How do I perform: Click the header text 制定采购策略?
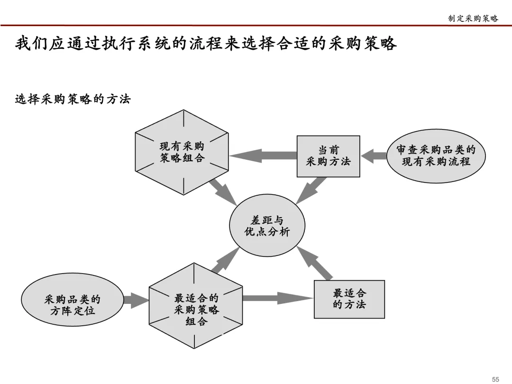[x=473, y=18]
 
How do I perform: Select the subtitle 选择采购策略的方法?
[x=73, y=99]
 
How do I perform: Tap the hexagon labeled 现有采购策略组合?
[x=183, y=152]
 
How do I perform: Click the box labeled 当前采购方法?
[x=328, y=156]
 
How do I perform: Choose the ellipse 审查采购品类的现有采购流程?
[x=436, y=156]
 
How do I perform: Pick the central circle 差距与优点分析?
[x=267, y=226]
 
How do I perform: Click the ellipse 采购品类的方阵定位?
[x=73, y=305]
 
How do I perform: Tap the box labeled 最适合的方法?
[x=349, y=299]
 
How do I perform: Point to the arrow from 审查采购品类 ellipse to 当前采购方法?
[x=374, y=156]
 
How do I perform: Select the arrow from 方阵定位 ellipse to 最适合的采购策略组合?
[x=136, y=300]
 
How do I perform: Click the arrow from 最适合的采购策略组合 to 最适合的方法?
[x=277, y=298]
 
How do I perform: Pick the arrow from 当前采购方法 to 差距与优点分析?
[x=311, y=190]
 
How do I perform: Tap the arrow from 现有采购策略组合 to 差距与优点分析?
[x=222, y=192]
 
